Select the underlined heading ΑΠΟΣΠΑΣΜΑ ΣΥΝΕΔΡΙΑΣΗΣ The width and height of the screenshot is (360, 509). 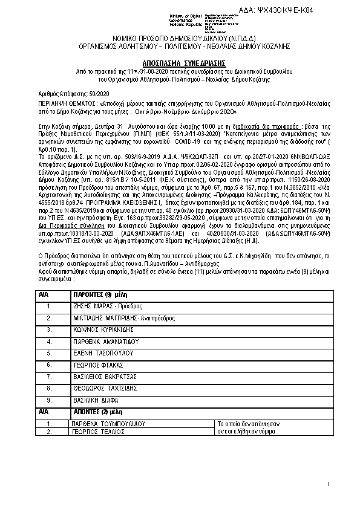point(180,62)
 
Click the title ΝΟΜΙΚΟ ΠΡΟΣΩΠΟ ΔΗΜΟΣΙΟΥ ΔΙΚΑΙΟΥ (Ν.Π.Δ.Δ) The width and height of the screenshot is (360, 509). point(180,37)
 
